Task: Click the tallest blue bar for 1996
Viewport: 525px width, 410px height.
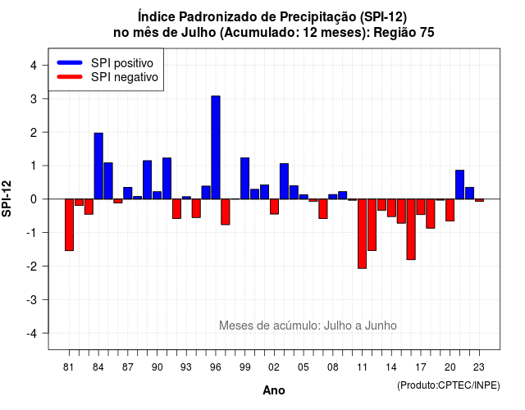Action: click(x=216, y=148)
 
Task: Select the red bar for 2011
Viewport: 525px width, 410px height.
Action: click(x=362, y=234)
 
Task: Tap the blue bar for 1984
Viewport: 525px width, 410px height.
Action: click(x=98, y=166)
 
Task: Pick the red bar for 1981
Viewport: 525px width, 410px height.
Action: click(x=69, y=225)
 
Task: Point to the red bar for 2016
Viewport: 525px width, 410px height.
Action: click(x=411, y=230)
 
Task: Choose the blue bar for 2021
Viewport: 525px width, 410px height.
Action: click(x=459, y=184)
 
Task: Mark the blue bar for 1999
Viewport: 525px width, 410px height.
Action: click(x=244, y=179)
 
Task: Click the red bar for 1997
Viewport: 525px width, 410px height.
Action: click(x=226, y=212)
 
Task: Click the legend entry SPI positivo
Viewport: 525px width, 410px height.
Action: click(x=122, y=63)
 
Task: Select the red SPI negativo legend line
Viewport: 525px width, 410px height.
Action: click(x=70, y=77)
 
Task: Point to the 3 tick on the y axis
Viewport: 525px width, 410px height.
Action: click(x=44, y=98)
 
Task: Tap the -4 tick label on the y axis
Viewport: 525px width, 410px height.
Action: click(x=32, y=334)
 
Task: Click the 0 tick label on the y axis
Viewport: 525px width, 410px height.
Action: click(x=34, y=199)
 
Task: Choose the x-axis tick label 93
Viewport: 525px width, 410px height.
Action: click(x=186, y=367)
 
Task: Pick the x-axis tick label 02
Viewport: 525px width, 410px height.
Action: click(x=274, y=367)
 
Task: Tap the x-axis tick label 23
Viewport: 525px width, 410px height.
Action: click(x=479, y=367)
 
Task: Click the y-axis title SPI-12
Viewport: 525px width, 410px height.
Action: click(x=7, y=198)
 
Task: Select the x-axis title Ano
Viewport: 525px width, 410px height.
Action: click(x=274, y=390)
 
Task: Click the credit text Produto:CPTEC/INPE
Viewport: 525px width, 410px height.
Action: click(x=449, y=385)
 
